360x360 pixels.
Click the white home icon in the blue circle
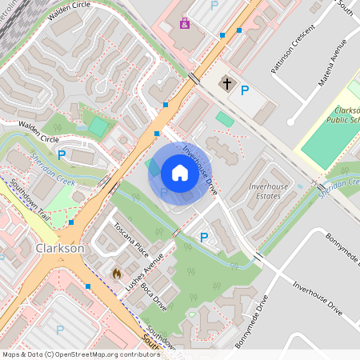click(x=179, y=173)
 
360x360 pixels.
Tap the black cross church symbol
click(x=226, y=83)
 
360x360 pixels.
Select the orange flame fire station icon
click(x=116, y=274)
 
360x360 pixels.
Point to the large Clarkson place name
click(x=60, y=249)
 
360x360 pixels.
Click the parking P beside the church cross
click(x=246, y=90)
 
